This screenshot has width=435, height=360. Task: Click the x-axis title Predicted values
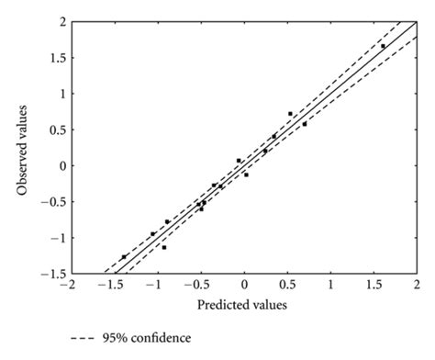243,304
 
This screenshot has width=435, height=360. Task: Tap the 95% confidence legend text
150,338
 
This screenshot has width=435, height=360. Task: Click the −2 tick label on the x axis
67,286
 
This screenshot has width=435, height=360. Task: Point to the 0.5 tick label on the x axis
287,286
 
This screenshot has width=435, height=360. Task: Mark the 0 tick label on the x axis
243,286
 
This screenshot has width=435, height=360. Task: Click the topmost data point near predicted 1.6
383,46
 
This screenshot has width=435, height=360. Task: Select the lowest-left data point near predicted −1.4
124,257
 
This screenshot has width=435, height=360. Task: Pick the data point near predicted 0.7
305,124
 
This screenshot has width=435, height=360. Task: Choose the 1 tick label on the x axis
330,286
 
